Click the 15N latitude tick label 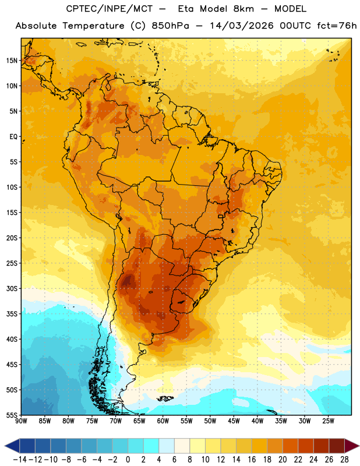pyautogui.click(x=12, y=61)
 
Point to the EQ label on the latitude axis pyautogui.click(x=13, y=137)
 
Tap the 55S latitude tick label pyautogui.click(x=12, y=415)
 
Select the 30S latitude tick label pyautogui.click(x=12, y=288)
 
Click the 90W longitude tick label pyautogui.click(x=21, y=421)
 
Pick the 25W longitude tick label pyautogui.click(x=328, y=421)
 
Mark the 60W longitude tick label pyautogui.click(x=163, y=421)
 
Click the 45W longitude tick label pyautogui.click(x=234, y=421)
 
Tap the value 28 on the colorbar pyautogui.click(x=344, y=460)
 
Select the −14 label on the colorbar pyautogui.click(x=20, y=460)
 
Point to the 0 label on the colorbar pyautogui.click(x=128, y=460)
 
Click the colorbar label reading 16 pyautogui.click(x=252, y=460)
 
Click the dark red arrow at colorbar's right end pyautogui.click(x=351, y=446)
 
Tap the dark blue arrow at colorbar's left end pyautogui.click(x=12, y=446)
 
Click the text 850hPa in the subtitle pyautogui.click(x=170, y=26)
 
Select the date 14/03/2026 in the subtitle pyautogui.click(x=242, y=26)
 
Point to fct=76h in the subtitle pyautogui.click(x=337, y=26)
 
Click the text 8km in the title pyautogui.click(x=243, y=9)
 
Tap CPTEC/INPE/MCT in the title pyautogui.click(x=109, y=9)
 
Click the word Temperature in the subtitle pyautogui.click(x=93, y=26)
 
